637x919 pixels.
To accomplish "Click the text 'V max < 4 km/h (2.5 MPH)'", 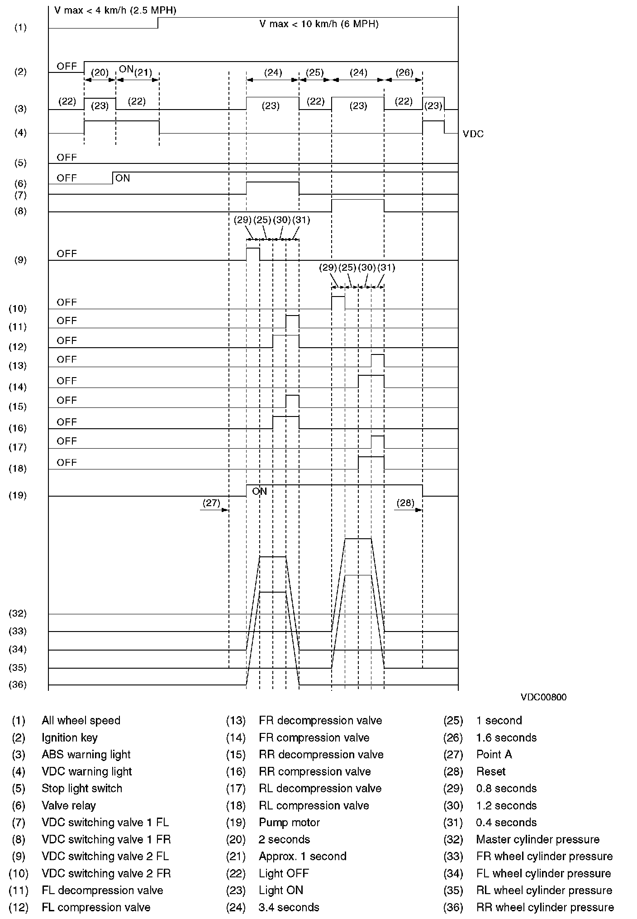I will (x=115, y=10).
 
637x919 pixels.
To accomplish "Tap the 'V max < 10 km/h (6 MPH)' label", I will (x=318, y=24).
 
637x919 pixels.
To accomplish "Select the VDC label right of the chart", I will (x=473, y=134).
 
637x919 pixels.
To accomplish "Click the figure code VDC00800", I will (x=543, y=697).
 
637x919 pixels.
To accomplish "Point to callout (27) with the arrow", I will (x=211, y=503).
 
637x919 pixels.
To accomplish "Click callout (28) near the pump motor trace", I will (x=405, y=503).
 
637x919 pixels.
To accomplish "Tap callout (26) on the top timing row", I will (x=404, y=72).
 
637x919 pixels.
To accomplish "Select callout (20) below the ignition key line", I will (x=100, y=72).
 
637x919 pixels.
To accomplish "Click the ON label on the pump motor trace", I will (x=260, y=492).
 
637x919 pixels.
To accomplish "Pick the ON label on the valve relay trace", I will (x=123, y=178).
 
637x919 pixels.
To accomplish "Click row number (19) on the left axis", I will (x=18, y=495).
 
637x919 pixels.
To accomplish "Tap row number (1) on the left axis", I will (x=20, y=28).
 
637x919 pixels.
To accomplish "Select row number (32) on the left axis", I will (x=18, y=613).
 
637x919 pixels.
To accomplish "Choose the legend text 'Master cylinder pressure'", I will (x=537, y=839).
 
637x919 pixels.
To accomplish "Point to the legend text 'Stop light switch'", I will (x=82, y=789).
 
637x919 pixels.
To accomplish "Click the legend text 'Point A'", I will (x=494, y=755).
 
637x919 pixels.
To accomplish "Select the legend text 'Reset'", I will (x=491, y=771).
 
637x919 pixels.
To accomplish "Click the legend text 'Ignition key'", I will (x=70, y=738).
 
